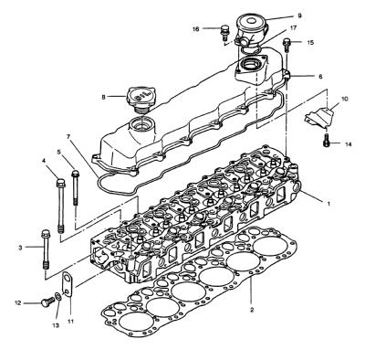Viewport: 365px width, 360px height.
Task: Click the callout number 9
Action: click(299, 16)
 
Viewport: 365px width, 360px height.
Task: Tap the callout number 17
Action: click(293, 28)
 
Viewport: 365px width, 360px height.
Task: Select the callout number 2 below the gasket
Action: click(252, 311)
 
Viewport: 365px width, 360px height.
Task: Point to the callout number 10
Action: click(344, 99)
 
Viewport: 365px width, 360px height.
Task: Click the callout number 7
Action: click(68, 137)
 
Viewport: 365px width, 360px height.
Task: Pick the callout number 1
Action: click(328, 204)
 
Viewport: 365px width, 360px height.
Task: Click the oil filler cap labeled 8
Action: click(140, 100)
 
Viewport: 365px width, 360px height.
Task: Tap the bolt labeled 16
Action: click(224, 33)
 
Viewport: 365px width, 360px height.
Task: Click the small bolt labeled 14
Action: click(327, 140)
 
